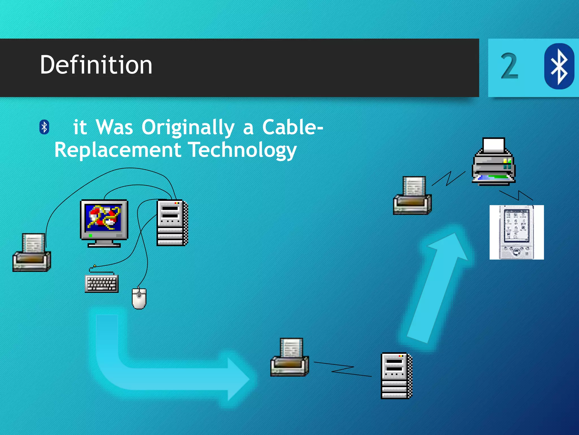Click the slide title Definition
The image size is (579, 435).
[96, 65]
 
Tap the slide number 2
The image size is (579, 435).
[509, 66]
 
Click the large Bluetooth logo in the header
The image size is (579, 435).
[559, 66]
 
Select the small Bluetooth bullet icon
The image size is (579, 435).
[44, 127]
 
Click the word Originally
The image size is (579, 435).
[188, 127]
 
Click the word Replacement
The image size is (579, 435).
[118, 150]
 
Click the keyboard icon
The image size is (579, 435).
[102, 283]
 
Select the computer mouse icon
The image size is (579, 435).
[139, 299]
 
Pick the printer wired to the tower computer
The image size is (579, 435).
[32, 253]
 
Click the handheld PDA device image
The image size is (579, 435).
[517, 232]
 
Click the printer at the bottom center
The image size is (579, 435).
[289, 357]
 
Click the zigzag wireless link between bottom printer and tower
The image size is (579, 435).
[343, 369]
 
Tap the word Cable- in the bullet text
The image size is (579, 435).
[293, 127]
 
